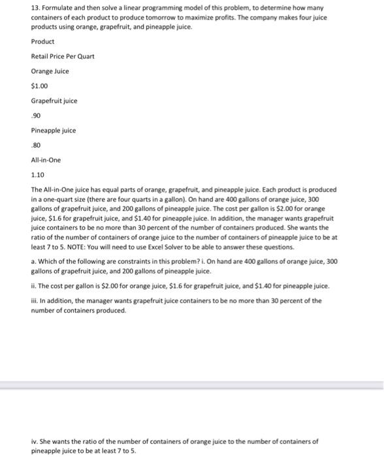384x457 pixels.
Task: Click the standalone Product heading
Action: pyautogui.click(x=43, y=41)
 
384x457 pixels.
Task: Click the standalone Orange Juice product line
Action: pyautogui.click(x=50, y=71)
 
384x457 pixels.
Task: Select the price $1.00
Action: pyautogui.click(x=39, y=86)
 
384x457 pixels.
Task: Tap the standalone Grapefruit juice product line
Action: pyautogui.click(x=54, y=101)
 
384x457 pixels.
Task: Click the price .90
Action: pyautogui.click(x=36, y=116)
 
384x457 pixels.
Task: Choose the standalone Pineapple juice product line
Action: pyautogui.click(x=53, y=131)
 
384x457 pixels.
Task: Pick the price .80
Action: pyautogui.click(x=36, y=145)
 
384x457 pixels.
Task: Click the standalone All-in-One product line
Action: pyautogui.click(x=45, y=160)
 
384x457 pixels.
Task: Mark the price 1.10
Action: pyautogui.click(x=38, y=175)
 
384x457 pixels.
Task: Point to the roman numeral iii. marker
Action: pyautogui.click(x=35, y=301)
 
